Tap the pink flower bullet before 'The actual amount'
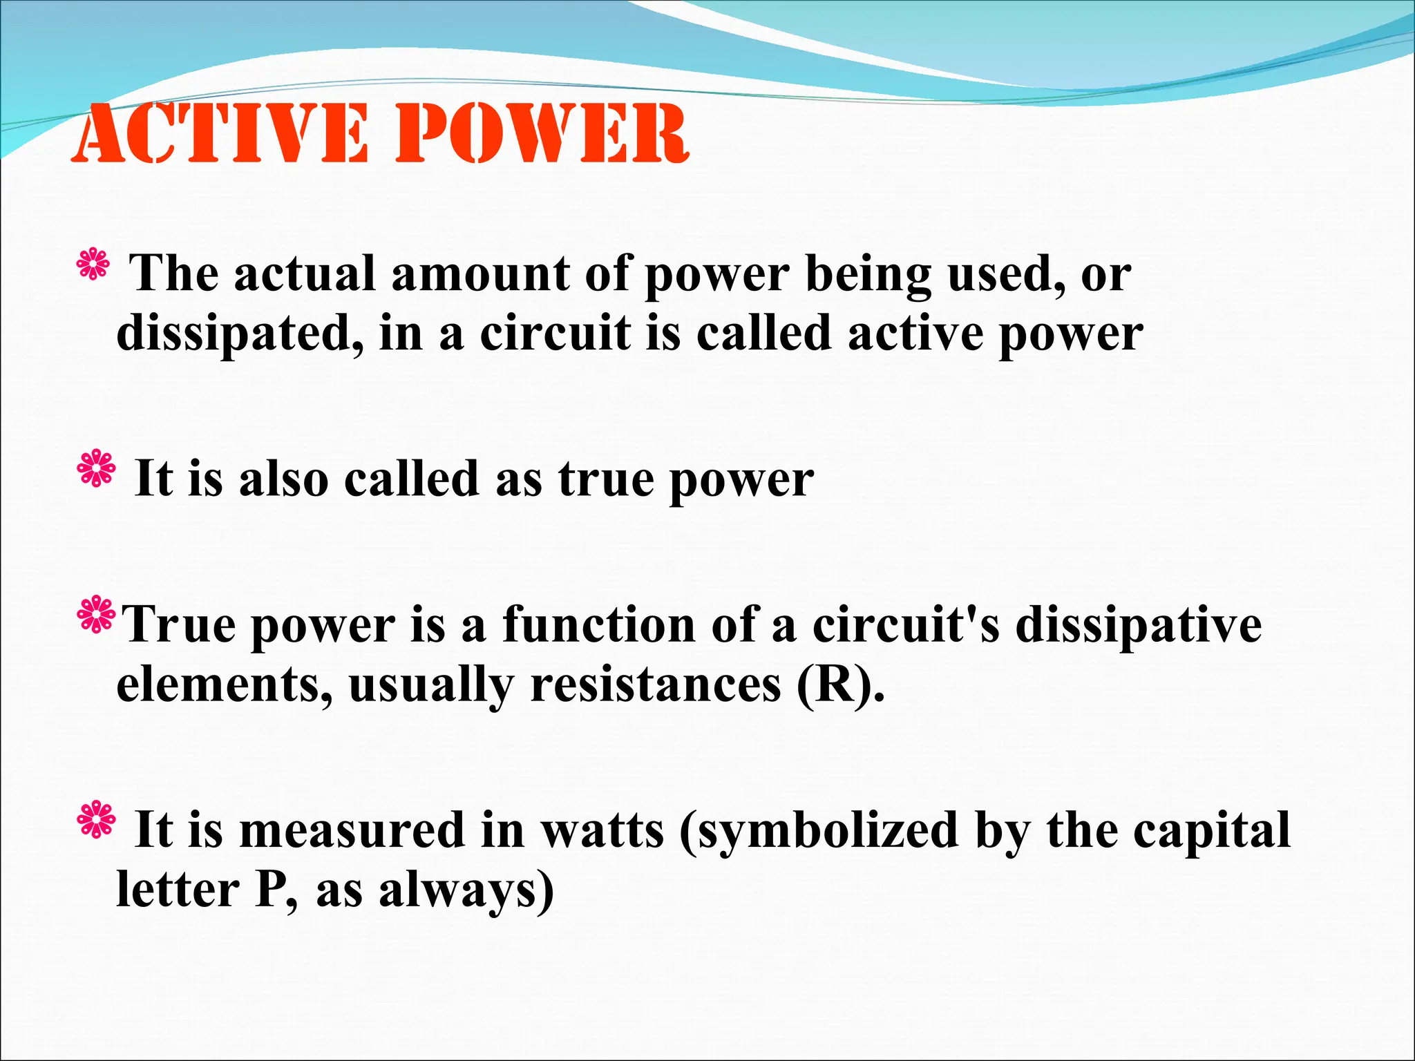pos(93,265)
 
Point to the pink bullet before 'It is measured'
pos(97,819)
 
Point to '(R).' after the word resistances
pos(840,685)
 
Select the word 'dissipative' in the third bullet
pos(1138,626)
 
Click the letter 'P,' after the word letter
pos(276,891)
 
